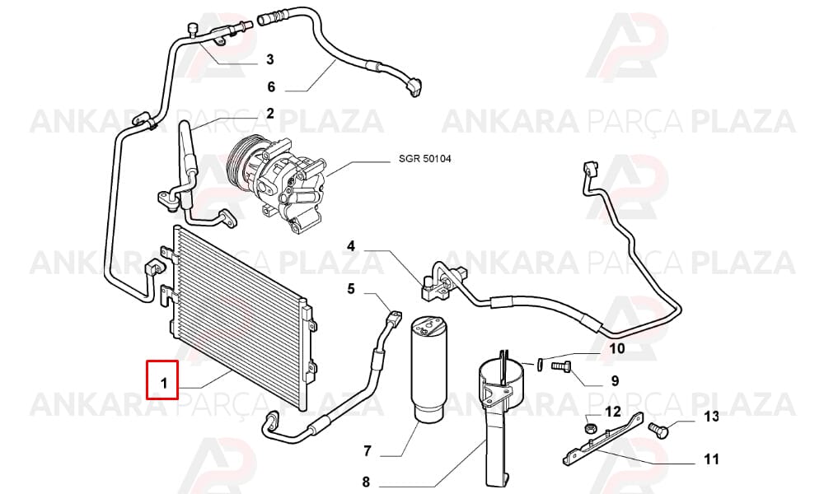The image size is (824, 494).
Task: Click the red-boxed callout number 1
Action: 164,384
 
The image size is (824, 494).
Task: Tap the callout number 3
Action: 270,59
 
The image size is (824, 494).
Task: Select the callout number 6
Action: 271,86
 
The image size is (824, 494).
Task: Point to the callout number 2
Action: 270,114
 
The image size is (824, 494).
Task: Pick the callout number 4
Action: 351,245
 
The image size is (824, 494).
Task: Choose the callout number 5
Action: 351,289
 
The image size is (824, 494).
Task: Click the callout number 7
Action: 368,450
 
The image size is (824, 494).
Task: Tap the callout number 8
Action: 367,482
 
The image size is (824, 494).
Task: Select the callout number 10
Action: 617,348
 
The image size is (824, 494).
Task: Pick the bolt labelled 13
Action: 658,430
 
